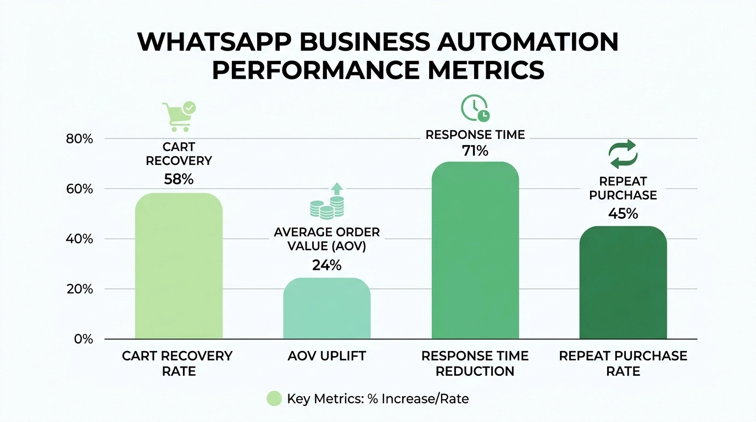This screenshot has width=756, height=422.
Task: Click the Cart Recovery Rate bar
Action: [x=179, y=266]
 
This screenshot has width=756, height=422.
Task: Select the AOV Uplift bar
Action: [x=327, y=309]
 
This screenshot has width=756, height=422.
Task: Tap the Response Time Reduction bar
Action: [x=475, y=251]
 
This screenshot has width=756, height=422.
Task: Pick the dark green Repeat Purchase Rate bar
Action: [x=623, y=283]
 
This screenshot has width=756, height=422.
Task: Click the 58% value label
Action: [x=179, y=179]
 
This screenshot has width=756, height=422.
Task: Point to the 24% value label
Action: [x=327, y=265]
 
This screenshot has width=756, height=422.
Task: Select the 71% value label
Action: [x=475, y=151]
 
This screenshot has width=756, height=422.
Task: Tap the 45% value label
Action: [x=623, y=214]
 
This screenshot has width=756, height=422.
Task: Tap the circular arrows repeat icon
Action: [x=623, y=154]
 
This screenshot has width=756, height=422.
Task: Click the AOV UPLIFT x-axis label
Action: [x=327, y=356]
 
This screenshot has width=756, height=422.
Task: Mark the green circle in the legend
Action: [x=274, y=399]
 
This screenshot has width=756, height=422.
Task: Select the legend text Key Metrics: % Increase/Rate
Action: [x=378, y=399]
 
